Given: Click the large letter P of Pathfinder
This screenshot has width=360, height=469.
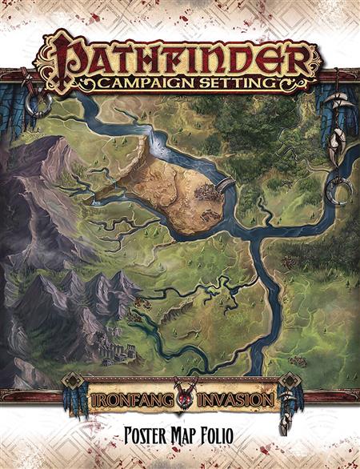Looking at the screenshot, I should [x=57, y=54].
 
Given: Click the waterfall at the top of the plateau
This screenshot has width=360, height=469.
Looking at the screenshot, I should [x=147, y=144].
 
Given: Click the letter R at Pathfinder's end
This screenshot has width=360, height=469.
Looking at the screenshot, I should [x=300, y=56].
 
